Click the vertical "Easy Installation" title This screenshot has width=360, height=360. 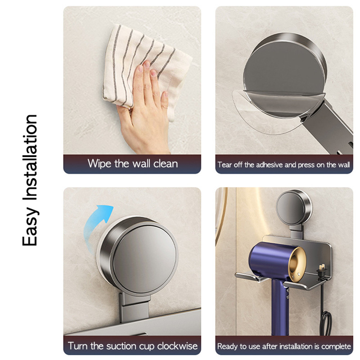click(30, 180)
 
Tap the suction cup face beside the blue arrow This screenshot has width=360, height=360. click(144, 254)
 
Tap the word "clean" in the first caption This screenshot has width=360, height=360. click(166, 163)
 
